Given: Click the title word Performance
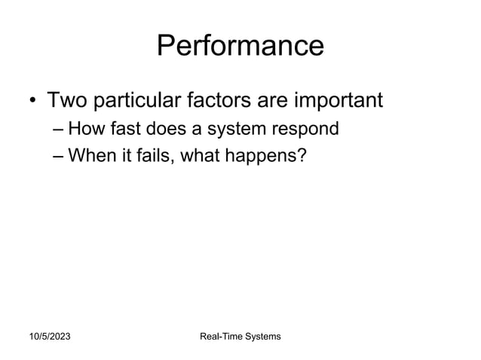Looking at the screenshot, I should coord(240,46).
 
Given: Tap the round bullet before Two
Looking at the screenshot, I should coord(32,101).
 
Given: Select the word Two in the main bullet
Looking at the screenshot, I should coord(69,99).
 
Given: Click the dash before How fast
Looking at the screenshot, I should coord(58,130).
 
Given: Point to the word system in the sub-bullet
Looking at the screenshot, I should coord(233,130).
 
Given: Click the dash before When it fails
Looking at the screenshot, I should coord(58,157).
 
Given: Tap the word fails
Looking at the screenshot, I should coord(149,156).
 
